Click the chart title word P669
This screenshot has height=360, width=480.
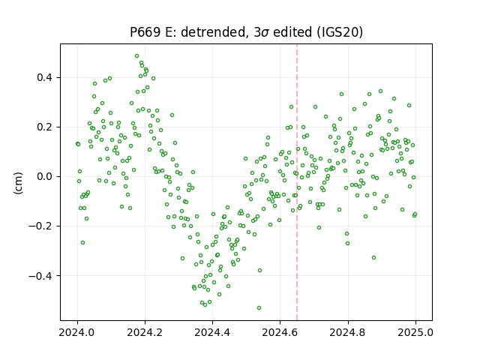[145, 31]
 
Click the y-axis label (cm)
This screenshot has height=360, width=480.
[18, 183]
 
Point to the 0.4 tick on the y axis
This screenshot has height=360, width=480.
[45, 77]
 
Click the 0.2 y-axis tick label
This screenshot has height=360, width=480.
[45, 127]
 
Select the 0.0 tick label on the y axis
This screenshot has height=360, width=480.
[45, 177]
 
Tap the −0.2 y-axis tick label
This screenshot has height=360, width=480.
[40, 226]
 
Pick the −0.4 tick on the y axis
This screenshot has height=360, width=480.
[40, 276]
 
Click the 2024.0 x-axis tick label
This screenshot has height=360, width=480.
[77, 332]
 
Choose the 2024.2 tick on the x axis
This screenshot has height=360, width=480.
[145, 332]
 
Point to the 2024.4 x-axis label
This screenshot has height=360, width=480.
[212, 332]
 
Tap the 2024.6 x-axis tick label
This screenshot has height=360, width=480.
[280, 332]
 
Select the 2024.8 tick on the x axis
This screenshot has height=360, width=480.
[348, 332]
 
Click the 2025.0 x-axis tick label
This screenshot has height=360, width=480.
[415, 332]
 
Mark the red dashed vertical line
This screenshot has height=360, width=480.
[297, 182]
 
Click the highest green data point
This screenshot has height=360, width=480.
[136, 56]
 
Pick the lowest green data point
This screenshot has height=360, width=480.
[259, 307]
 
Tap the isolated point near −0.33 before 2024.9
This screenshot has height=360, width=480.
[373, 258]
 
